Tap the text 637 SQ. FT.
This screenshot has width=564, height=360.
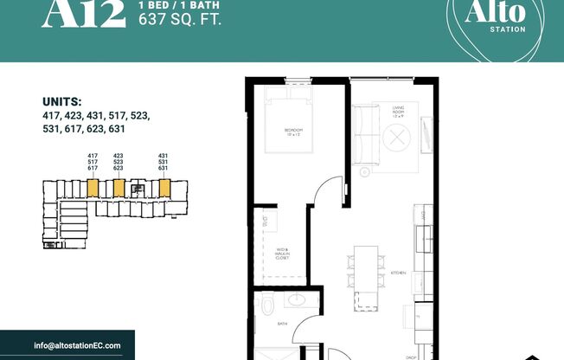[x=180, y=19]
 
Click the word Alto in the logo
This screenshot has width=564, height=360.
[x=483, y=11]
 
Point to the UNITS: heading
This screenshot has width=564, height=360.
[x=63, y=100]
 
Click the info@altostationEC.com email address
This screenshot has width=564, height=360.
[x=78, y=345]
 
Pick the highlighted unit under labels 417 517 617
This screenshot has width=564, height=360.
[x=92, y=188]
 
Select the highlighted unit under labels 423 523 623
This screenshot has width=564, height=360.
[x=119, y=188]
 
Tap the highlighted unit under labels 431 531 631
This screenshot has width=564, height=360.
[x=162, y=188]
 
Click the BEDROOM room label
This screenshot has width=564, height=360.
[x=293, y=132]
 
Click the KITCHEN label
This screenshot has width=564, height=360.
[x=399, y=273]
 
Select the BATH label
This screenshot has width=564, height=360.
[x=282, y=325]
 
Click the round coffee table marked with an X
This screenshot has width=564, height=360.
[x=398, y=138]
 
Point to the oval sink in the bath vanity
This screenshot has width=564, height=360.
[x=297, y=301]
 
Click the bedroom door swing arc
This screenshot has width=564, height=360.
[x=323, y=192]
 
